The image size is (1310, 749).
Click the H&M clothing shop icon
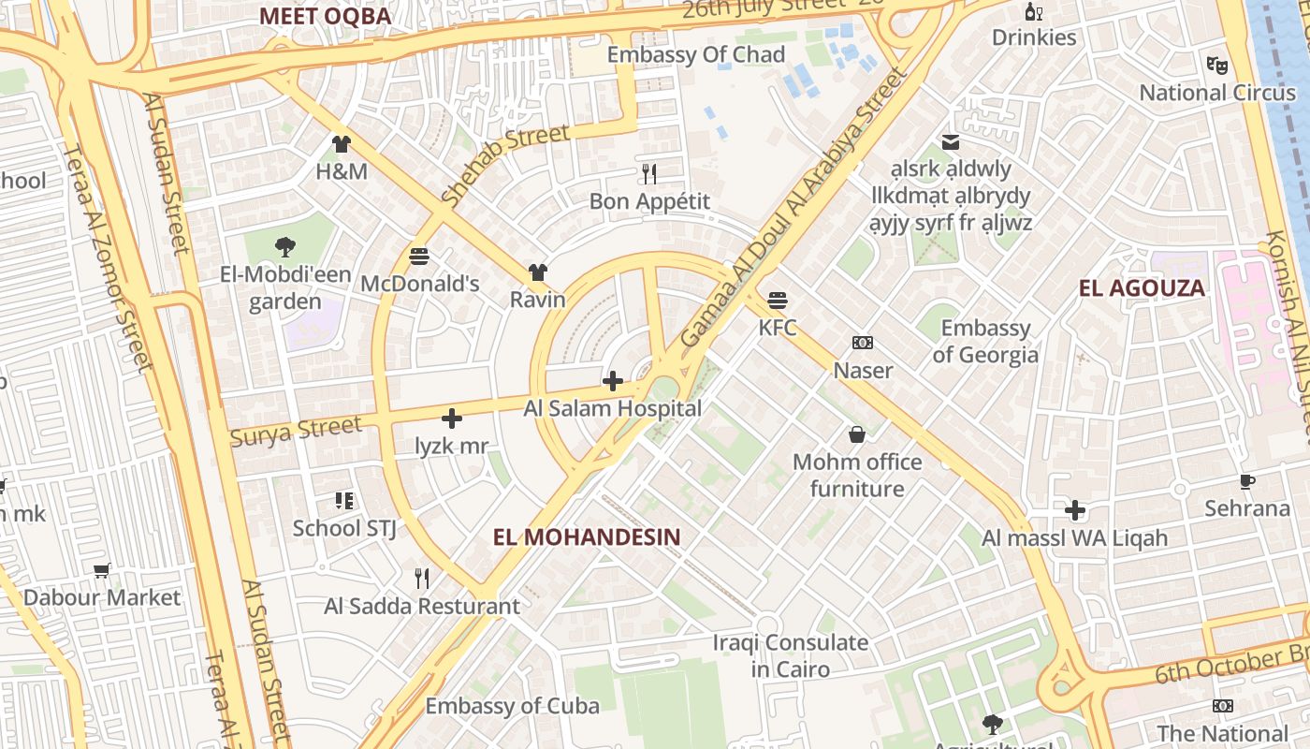pyautogui.click(x=342, y=144)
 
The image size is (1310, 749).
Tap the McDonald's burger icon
pyautogui.click(x=419, y=256)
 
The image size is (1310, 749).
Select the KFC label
pyautogui.click(x=778, y=328)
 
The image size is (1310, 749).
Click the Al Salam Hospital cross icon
pyautogui.click(x=613, y=381)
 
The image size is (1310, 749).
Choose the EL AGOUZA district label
pyautogui.click(x=1142, y=288)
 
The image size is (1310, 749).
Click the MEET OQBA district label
pyautogui.click(x=325, y=16)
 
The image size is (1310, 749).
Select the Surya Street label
pyautogui.click(x=296, y=432)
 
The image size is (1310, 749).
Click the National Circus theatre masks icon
pyautogui.click(x=1216, y=65)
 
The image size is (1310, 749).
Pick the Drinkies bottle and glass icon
pyautogui.click(x=1034, y=11)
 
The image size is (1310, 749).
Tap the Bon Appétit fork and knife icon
pyautogui.click(x=649, y=173)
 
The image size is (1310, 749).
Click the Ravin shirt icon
pyautogui.click(x=538, y=272)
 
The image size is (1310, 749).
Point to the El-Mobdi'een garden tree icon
pyautogui.click(x=285, y=247)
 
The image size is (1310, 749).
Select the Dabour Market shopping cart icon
pyautogui.click(x=102, y=570)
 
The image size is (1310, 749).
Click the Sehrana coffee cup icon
pyautogui.click(x=1247, y=481)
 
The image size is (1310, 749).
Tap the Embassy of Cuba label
pyautogui.click(x=513, y=706)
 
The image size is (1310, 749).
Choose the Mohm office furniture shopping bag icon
pyautogui.click(x=856, y=434)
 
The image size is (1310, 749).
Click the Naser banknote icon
pyautogui.click(x=863, y=343)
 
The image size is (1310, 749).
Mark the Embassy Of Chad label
pyautogui.click(x=696, y=55)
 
